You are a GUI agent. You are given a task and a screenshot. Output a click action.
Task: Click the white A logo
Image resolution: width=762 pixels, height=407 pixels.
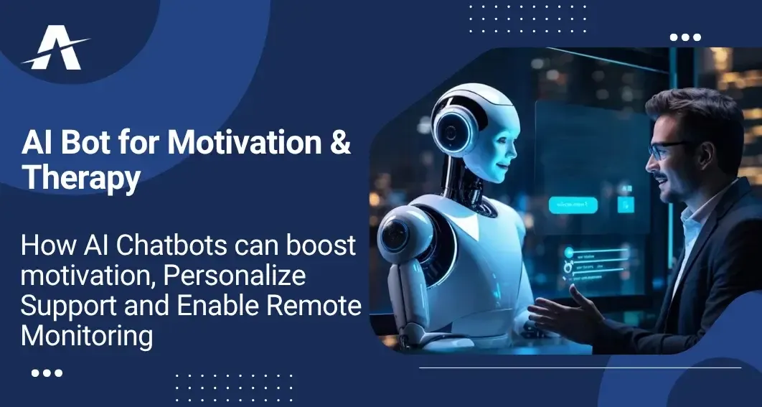point(55,48)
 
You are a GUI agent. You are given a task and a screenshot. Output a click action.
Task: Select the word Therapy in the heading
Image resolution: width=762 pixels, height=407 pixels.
point(81,179)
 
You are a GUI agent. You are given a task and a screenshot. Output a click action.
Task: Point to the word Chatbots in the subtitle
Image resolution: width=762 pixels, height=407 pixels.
point(172,245)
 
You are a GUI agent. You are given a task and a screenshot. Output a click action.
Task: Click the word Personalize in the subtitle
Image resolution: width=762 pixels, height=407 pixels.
point(234,276)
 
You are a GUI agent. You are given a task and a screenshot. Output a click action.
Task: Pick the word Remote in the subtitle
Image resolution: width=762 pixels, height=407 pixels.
point(319,306)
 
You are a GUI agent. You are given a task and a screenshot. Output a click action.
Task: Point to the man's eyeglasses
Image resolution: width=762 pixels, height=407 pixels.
point(669,150)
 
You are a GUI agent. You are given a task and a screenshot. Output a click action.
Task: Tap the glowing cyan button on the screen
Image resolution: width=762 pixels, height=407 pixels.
point(573,205)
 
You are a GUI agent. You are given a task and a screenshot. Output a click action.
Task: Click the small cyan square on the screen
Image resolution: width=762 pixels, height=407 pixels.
point(626,205)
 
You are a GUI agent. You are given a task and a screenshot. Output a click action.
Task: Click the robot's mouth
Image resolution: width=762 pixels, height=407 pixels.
point(502,167)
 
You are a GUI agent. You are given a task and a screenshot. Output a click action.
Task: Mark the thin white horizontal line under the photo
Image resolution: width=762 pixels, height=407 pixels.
point(580,368)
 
